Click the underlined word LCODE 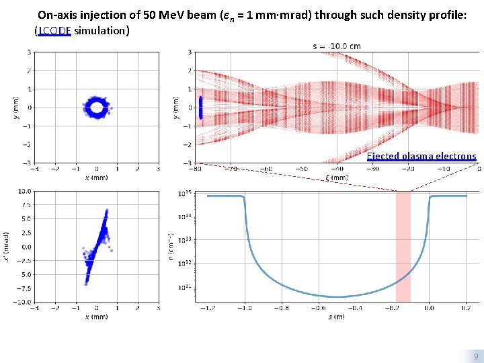[54, 30]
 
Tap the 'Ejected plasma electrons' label [421, 156]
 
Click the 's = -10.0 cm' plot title [336, 46]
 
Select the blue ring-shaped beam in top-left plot [96, 107]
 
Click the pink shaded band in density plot [403, 246]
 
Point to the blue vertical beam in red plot [200, 108]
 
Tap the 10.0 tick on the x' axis [23, 191]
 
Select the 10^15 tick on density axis [184, 194]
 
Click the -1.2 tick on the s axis [207, 309]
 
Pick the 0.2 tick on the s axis [466, 309]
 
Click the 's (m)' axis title [336, 317]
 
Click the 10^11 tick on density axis [184, 287]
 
